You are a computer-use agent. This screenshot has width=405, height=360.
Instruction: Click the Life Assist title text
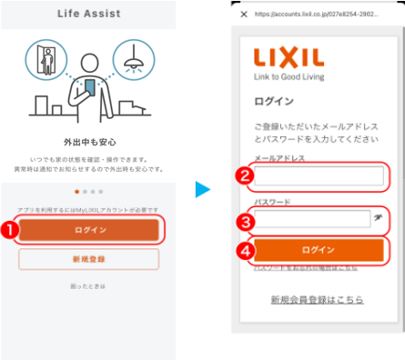pos(90,15)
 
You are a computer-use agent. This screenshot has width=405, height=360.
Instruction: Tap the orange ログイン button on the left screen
pos(90,229)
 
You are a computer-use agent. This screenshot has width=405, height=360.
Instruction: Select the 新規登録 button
pos(90,261)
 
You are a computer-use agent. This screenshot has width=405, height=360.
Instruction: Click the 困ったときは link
pos(90,286)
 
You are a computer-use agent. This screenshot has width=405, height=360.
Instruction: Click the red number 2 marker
pos(243,176)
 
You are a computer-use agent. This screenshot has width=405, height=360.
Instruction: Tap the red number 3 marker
pos(243,219)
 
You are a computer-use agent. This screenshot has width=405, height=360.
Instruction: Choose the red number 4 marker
pos(243,249)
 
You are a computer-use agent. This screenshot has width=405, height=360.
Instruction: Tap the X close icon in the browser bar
pos(243,15)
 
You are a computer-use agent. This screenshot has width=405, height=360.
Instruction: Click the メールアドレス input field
pos(306,175)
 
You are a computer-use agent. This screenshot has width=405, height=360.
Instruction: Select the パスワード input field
pos(299,218)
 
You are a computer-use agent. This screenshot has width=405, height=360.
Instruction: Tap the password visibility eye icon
pos(378,219)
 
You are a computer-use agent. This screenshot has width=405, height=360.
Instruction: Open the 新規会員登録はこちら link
pos(317,299)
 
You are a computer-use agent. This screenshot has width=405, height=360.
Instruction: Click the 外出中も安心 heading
pos(90,143)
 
